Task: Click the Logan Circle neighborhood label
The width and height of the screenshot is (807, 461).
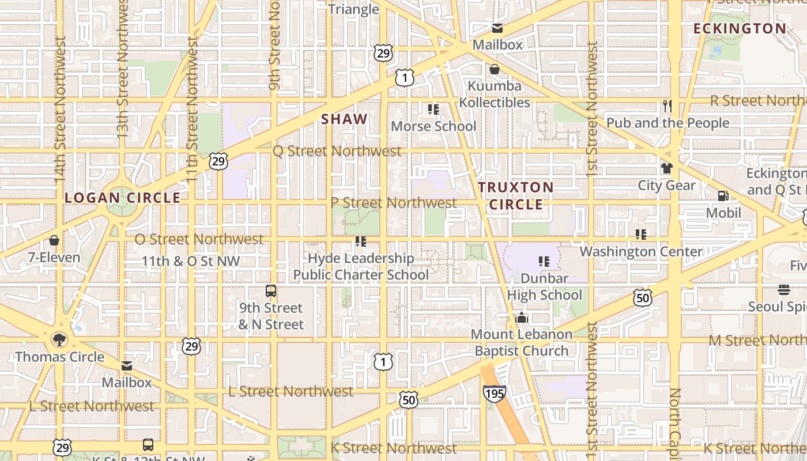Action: point(122,198)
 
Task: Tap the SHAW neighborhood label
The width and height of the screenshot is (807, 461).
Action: point(344,119)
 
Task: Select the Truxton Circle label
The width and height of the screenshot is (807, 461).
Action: point(515,195)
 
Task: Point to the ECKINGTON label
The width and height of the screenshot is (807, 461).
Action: point(740,29)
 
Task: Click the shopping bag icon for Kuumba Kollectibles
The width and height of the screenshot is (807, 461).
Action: point(494,70)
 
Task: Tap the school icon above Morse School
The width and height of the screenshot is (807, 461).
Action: point(433,109)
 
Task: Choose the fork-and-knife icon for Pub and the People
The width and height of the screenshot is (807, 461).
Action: point(668,106)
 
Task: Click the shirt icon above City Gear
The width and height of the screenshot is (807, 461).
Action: point(667,168)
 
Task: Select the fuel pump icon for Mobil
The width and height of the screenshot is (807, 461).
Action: point(723,196)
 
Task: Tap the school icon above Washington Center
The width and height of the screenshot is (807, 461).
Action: point(640,235)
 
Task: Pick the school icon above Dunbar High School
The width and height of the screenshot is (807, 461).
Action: point(544,262)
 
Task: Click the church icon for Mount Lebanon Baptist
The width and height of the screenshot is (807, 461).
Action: point(521,318)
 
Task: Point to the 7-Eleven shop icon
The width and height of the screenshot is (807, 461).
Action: point(54,240)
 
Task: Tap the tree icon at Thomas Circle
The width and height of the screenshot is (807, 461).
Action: point(59,339)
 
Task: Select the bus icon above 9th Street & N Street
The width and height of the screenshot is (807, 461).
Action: point(271,290)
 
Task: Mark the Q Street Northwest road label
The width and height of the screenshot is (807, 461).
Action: point(337,151)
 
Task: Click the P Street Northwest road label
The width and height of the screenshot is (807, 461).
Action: point(393,203)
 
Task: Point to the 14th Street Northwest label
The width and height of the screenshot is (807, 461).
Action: point(61,109)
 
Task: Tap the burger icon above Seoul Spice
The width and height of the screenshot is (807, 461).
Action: point(783,289)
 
